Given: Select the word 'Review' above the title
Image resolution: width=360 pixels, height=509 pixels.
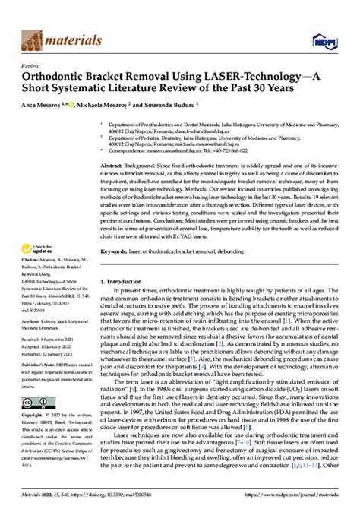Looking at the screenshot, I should (x=31, y=66).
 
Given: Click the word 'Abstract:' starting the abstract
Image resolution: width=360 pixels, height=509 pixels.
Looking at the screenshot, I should (x=114, y=165).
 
